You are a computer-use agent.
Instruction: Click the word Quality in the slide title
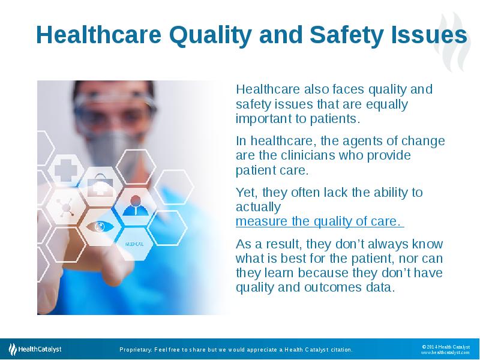click(211, 36)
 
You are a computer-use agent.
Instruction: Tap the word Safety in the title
click(347, 35)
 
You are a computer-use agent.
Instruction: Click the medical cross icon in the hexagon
click(66, 170)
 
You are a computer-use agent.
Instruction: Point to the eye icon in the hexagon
click(100, 227)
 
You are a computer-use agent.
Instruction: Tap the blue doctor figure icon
click(136, 206)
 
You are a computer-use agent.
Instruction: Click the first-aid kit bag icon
click(100, 185)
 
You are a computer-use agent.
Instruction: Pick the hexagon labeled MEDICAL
click(134, 244)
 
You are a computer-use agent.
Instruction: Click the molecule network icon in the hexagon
click(66, 208)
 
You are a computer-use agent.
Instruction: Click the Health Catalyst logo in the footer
click(35, 349)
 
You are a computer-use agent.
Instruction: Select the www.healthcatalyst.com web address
click(445, 353)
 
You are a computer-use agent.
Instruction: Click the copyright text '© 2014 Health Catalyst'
click(446, 347)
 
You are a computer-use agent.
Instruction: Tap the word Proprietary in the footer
click(136, 350)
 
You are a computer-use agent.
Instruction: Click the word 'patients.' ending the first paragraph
click(335, 119)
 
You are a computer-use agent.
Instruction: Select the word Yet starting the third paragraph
click(247, 193)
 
